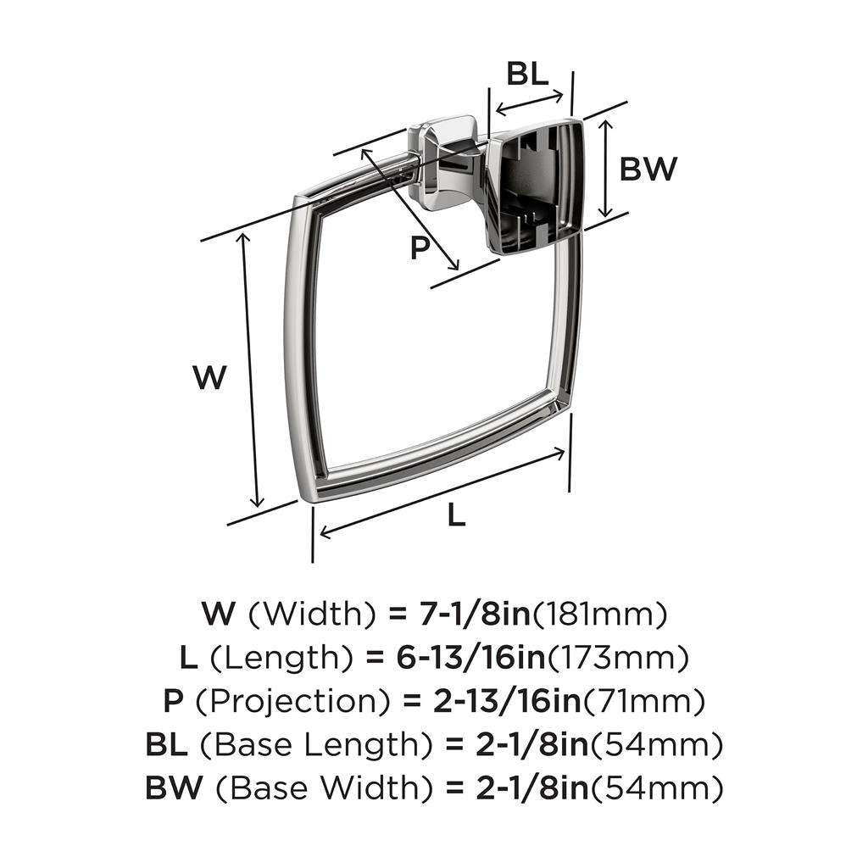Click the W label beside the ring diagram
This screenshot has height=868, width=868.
[x=209, y=377]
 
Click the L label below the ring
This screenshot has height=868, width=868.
[x=456, y=514]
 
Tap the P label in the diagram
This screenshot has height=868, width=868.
[x=420, y=248]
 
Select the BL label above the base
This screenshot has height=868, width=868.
[x=527, y=75]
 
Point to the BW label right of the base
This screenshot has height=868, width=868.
[x=648, y=170]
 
